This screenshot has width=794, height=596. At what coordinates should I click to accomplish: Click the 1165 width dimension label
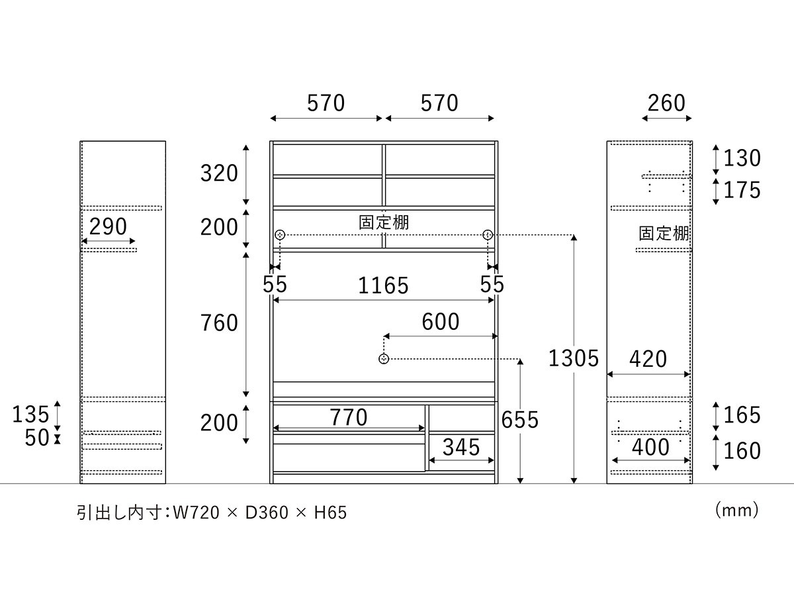coord(383,285)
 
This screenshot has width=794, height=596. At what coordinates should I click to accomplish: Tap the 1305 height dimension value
coord(574,359)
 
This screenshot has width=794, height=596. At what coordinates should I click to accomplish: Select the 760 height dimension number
coord(219,323)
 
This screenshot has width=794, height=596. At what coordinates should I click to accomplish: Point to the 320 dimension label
coord(219,173)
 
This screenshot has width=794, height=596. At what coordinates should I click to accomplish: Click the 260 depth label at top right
coord(666,103)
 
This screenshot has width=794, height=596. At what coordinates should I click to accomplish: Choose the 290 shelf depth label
coord(108,226)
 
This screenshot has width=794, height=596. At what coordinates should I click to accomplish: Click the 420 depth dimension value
coord(648,359)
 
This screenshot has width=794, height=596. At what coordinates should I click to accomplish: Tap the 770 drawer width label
coord(348,417)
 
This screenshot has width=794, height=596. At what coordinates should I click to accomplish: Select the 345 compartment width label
coord(461,447)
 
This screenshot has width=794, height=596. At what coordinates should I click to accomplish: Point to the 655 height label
coord(520,420)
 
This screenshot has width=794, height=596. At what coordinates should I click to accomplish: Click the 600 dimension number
coord(441,321)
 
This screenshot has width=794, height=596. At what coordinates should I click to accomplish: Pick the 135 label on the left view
coord(30,415)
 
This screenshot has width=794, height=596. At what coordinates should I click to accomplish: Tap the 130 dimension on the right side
coord(742,158)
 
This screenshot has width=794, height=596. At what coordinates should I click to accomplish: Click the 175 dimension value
coord(742,190)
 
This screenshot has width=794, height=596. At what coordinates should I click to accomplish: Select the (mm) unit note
coord(736,511)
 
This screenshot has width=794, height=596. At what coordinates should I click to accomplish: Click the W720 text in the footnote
coord(197,513)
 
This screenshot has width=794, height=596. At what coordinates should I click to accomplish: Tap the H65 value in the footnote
coord(330,513)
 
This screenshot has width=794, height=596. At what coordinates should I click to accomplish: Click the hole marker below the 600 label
coord(384,359)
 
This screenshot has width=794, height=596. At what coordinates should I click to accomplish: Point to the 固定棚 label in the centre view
coord(384,223)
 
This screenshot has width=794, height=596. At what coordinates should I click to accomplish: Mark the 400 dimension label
coord(650,447)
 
